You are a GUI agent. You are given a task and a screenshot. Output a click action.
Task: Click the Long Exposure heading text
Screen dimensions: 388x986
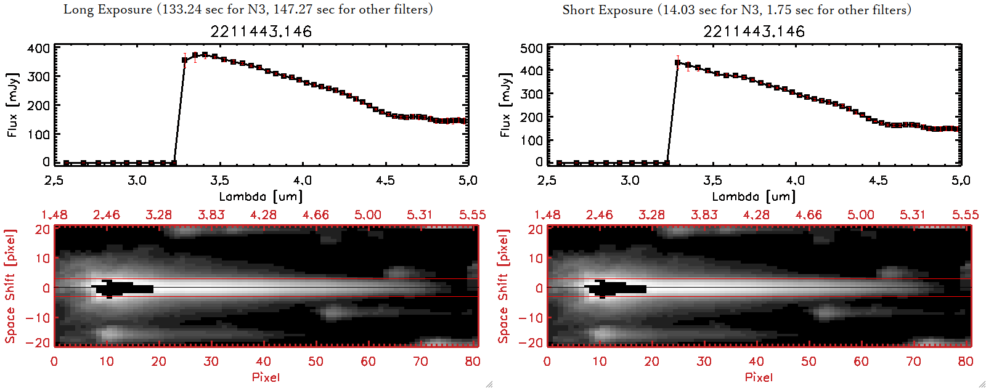tap(248, 9)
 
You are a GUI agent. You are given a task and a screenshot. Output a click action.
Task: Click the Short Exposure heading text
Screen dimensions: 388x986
tap(736, 10)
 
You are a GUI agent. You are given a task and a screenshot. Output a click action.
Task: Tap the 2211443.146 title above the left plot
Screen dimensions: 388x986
tap(261, 31)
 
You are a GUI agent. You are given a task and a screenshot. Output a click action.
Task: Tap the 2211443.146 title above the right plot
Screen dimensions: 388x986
tap(754, 31)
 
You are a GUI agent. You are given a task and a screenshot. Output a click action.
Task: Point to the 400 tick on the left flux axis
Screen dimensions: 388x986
tap(39, 48)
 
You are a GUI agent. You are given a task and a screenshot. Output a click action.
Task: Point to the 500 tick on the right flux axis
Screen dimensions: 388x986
tap(532, 48)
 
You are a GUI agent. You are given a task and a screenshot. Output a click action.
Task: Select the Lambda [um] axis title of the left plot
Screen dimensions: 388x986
tap(261, 197)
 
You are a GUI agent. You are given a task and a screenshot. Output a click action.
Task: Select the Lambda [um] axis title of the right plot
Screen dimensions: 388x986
tap(754, 197)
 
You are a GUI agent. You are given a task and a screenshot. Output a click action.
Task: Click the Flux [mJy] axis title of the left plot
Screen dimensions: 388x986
tap(13, 105)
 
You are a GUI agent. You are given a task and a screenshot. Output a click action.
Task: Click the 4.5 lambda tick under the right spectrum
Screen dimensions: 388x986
tap(878, 180)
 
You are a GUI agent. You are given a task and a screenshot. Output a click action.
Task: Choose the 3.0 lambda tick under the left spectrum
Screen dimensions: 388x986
tap(137, 180)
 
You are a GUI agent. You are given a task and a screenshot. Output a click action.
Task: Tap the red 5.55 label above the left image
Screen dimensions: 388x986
tap(472, 215)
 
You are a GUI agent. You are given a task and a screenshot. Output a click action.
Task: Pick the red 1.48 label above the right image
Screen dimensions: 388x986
tap(547, 215)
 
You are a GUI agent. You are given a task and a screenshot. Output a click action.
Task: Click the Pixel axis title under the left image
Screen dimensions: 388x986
tap(266, 377)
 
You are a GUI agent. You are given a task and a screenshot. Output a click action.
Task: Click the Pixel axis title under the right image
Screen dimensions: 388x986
tap(759, 377)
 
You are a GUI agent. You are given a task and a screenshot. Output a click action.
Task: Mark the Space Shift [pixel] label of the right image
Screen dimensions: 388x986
tap(503, 286)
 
